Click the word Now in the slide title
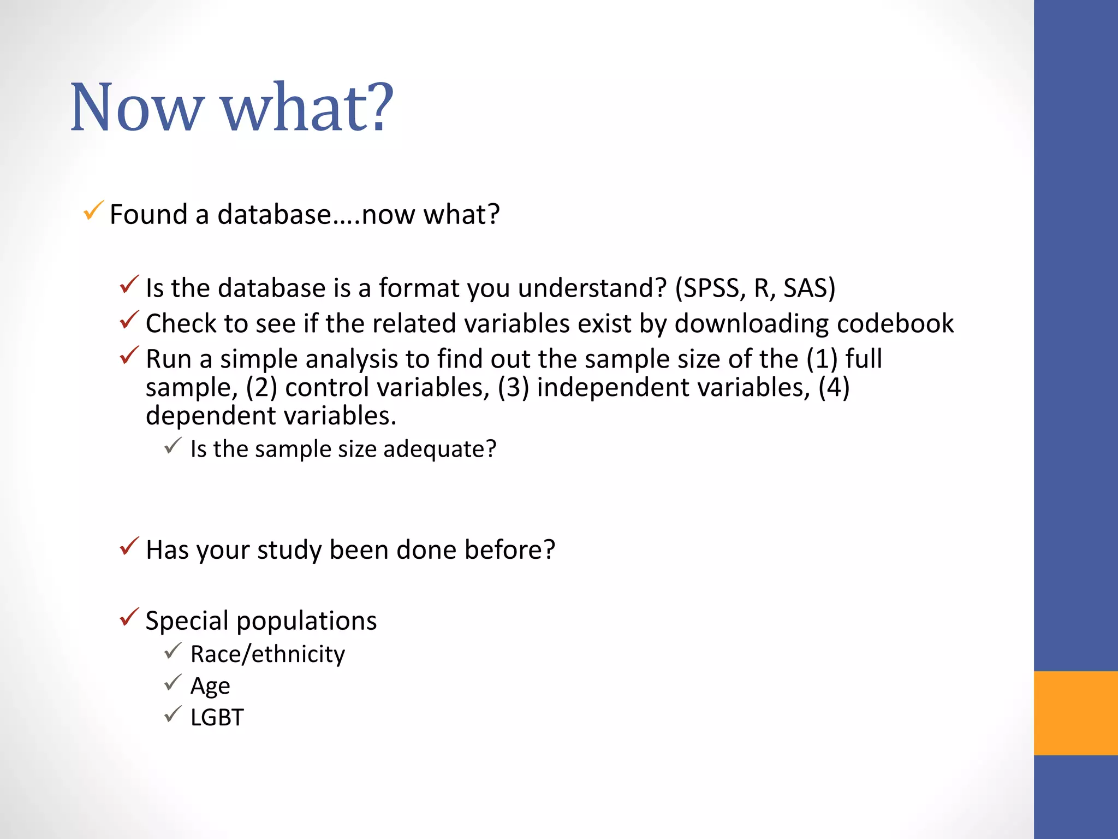coord(136,107)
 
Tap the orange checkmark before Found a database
coord(93,211)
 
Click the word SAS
coord(805,288)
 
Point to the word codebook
coord(895,323)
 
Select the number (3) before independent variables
coord(513,388)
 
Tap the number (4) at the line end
coord(834,388)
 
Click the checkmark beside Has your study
coord(129,546)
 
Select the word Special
coord(187,621)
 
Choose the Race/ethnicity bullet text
coord(267,654)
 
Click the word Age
coord(210,686)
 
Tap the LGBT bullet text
coord(217,718)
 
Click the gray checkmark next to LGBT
coord(173,714)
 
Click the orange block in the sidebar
coord(1075,713)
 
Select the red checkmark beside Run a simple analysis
coord(129,356)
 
